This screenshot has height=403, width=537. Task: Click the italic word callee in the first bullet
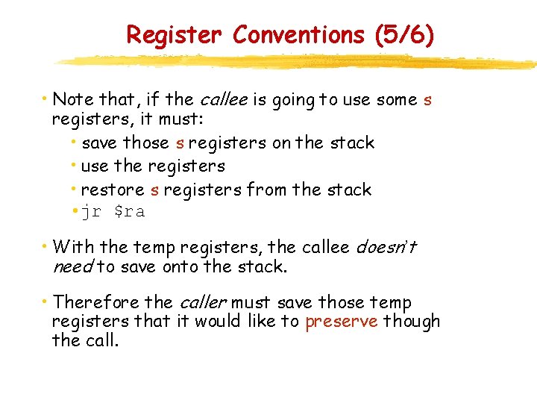coord(221,99)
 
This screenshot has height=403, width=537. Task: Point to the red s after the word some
coord(427,99)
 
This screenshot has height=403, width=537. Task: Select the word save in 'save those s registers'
coord(100,143)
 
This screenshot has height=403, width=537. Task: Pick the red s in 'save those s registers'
coord(180,143)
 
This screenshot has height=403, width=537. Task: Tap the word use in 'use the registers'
coord(94,166)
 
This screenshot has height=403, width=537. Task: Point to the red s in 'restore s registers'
coord(154,190)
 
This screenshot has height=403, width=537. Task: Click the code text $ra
coord(129,212)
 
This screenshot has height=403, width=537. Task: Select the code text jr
coord(91,212)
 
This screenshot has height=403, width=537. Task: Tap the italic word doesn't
coord(386,247)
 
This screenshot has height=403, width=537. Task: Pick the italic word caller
coord(202,302)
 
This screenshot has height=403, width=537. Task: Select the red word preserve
coord(342,322)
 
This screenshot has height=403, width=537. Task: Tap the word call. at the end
coord(101,341)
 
